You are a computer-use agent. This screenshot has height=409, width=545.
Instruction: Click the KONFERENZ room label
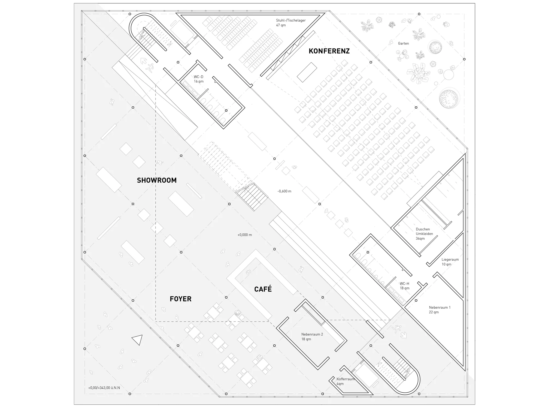click(329, 51)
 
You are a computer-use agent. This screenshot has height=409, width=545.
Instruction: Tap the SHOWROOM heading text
click(157, 180)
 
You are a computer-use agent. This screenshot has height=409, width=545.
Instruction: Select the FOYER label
click(180, 299)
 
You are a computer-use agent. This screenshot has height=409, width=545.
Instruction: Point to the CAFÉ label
click(263, 289)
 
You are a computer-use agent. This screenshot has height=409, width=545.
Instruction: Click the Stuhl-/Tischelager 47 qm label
click(291, 23)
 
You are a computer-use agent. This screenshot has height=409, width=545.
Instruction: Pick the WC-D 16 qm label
click(199, 79)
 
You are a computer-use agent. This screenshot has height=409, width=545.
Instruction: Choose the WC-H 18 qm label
click(405, 286)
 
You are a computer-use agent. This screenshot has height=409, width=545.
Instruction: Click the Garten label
click(403, 43)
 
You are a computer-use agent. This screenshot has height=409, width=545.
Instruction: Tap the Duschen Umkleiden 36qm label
click(424, 234)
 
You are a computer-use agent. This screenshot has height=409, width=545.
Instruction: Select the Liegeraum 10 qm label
click(450, 262)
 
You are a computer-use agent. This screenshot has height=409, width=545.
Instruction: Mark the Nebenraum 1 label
click(440, 307)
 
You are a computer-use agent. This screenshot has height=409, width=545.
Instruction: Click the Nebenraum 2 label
click(312, 334)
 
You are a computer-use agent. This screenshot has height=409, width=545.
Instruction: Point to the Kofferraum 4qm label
click(346, 381)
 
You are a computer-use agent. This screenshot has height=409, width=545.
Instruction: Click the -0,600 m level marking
click(284, 191)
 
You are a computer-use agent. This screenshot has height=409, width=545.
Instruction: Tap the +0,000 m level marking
click(244, 235)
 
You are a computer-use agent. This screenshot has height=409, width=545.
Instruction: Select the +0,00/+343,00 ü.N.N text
click(104, 388)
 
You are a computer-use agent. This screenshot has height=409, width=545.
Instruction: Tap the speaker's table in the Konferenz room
click(307, 72)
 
